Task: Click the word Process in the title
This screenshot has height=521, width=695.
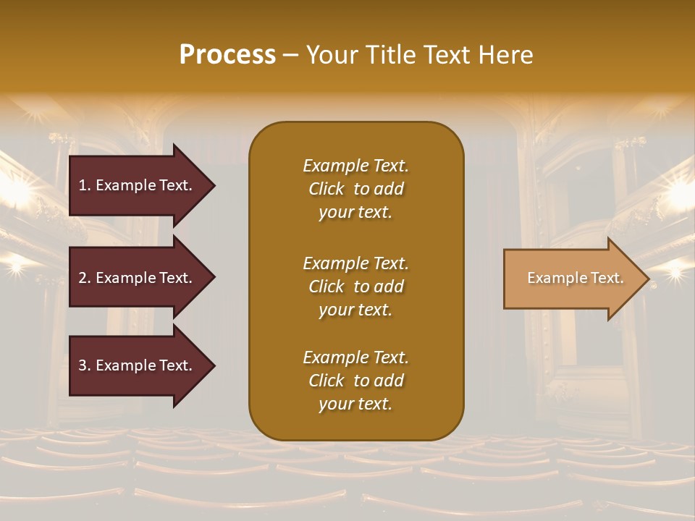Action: click(227, 55)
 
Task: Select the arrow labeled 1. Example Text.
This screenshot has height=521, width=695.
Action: click(138, 185)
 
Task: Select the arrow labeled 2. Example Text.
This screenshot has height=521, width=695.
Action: click(138, 278)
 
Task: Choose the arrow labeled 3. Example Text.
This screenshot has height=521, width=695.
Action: click(138, 365)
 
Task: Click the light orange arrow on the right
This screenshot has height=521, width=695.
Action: click(572, 279)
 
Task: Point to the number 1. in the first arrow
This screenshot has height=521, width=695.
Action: click(85, 185)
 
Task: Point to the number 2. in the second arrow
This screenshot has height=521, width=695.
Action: click(85, 278)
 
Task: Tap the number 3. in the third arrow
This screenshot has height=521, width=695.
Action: click(85, 365)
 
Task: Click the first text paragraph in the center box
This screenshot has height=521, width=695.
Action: click(355, 189)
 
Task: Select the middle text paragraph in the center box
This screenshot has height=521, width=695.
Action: click(355, 287)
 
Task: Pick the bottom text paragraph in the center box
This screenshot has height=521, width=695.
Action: click(355, 381)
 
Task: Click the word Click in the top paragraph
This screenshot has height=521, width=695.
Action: click(327, 189)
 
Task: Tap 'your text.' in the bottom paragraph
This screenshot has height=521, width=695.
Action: click(355, 404)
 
